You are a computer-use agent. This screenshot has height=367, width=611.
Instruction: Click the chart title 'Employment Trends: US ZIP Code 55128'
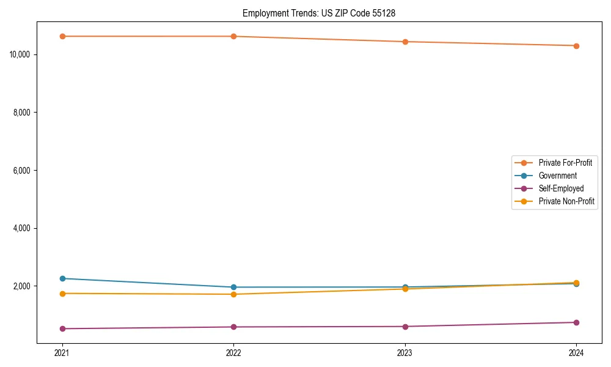click(319, 13)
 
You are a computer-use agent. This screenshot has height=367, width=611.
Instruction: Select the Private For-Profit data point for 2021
click(62, 36)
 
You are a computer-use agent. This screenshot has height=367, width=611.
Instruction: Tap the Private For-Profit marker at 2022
click(233, 36)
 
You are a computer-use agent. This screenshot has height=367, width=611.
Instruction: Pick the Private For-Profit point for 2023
click(405, 42)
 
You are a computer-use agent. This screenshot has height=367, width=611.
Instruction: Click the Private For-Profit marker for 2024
click(576, 46)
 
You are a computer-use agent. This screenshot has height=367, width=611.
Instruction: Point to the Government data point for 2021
click(62, 278)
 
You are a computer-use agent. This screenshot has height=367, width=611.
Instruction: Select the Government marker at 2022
click(233, 287)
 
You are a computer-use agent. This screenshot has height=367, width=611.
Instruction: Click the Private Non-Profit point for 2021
click(62, 294)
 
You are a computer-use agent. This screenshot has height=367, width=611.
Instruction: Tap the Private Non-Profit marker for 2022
click(233, 294)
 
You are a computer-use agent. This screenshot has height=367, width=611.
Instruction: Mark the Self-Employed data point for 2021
click(62, 328)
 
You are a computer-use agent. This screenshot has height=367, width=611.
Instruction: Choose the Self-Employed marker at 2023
click(405, 326)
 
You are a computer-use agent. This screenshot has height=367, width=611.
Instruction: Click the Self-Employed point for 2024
click(576, 322)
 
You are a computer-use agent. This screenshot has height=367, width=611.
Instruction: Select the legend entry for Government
click(557, 176)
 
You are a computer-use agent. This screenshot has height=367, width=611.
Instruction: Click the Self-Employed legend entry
click(561, 188)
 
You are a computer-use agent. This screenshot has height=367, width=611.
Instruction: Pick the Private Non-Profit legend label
click(566, 201)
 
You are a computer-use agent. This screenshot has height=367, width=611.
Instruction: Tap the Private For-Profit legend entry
click(565, 163)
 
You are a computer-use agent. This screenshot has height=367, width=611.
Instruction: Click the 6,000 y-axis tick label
click(22, 170)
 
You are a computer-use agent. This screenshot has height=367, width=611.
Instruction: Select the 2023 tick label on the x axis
click(405, 353)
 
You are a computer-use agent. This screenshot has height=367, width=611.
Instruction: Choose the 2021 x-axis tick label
click(62, 353)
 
